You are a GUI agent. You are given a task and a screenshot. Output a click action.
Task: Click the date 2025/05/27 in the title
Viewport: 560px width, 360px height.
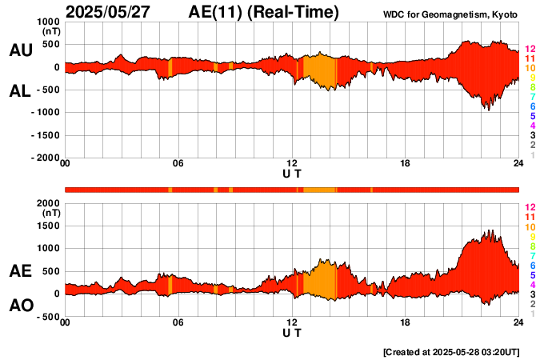pyautogui.click(x=113, y=12)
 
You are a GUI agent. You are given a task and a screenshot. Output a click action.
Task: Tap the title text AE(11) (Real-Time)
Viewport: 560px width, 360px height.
pyautogui.click(x=263, y=12)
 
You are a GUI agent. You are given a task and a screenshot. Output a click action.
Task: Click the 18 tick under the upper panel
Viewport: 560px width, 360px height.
pyautogui.click(x=406, y=164)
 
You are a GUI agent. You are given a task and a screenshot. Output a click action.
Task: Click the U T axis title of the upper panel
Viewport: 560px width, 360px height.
pyautogui.click(x=292, y=174)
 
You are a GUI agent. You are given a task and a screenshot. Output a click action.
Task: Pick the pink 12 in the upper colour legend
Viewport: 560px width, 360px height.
pyautogui.click(x=530, y=49)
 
